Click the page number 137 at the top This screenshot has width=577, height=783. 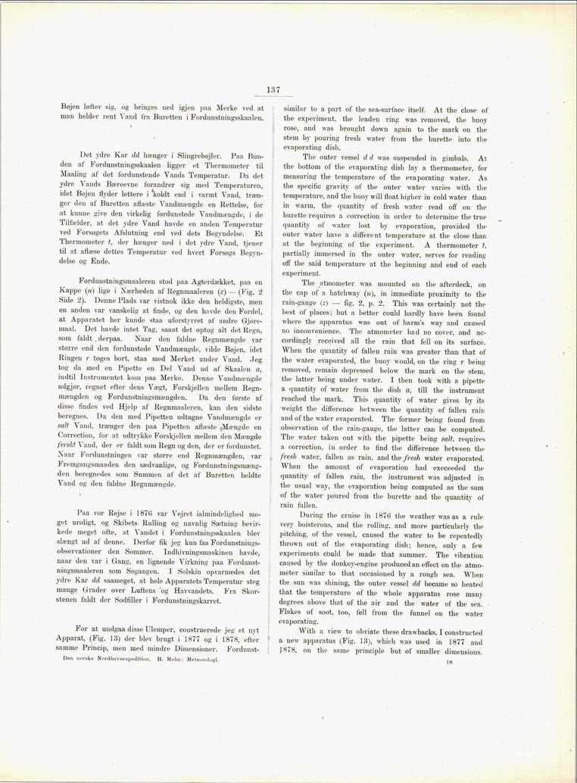coord(273,90)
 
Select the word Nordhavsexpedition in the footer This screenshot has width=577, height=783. coord(111,659)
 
